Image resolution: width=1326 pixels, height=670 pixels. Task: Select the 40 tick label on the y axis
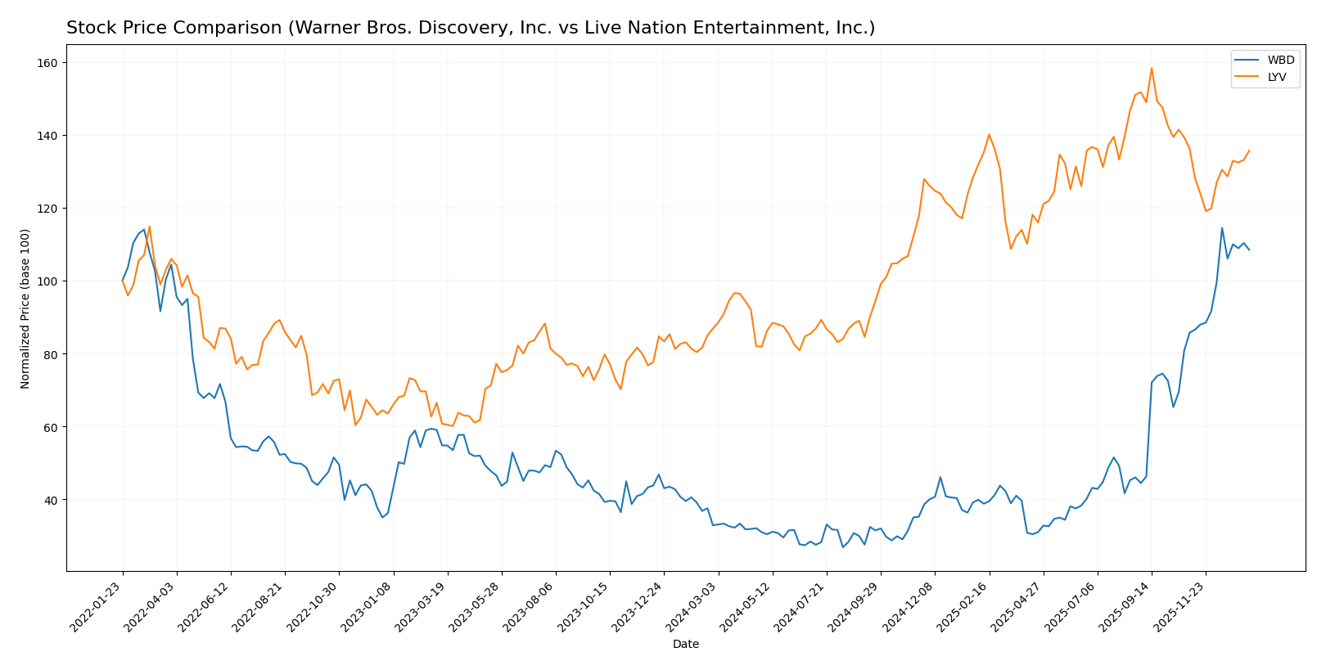click(x=51, y=500)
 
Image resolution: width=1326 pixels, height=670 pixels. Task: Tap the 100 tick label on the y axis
click(x=47, y=281)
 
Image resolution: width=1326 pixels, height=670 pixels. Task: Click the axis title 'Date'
click(x=685, y=645)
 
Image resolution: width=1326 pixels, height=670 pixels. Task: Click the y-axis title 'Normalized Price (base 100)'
click(x=25, y=309)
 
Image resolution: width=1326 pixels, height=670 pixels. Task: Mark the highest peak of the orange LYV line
click(x=1151, y=68)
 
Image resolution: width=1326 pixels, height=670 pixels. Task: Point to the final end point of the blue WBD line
click(x=1249, y=250)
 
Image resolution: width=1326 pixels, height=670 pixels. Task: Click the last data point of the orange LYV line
click(x=1249, y=151)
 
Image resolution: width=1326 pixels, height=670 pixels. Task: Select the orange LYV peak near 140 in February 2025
click(x=989, y=134)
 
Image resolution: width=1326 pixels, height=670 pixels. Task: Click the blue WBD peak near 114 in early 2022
click(x=144, y=230)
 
